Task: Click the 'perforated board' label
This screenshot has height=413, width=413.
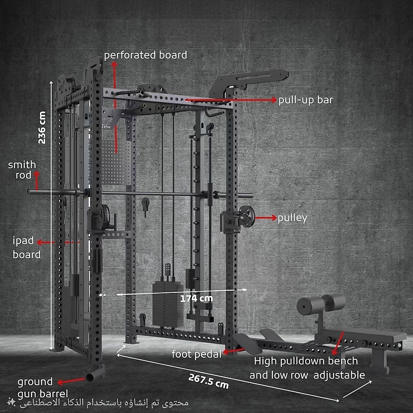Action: coord(145,55)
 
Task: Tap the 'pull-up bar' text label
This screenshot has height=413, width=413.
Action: coord(306,100)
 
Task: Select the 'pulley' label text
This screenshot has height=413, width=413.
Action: coord(292,218)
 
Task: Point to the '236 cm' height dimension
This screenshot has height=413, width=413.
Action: coord(42,128)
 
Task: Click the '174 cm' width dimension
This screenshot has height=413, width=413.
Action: coord(197,299)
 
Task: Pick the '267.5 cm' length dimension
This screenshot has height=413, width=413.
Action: coord(209,381)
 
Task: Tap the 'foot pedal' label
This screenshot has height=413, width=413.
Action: coord(197,354)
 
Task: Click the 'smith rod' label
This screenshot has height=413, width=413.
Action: coord(22,170)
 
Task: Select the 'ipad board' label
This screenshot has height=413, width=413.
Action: coord(26,247)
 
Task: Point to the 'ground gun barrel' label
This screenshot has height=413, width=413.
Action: coord(43,388)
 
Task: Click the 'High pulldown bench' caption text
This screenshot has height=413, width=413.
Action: coord(306,361)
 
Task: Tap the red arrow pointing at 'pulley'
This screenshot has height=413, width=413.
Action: coord(266,218)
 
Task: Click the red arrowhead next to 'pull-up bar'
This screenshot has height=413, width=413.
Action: coord(274,100)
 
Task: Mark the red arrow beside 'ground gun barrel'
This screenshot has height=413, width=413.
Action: coord(71,381)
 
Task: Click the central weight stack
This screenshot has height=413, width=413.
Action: coord(168,304)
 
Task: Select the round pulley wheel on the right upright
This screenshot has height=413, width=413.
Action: coord(247,216)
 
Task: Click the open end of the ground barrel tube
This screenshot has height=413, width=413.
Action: coord(90,377)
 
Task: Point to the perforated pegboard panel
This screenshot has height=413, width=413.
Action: coord(117,162)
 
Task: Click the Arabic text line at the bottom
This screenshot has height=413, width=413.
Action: coord(104,403)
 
